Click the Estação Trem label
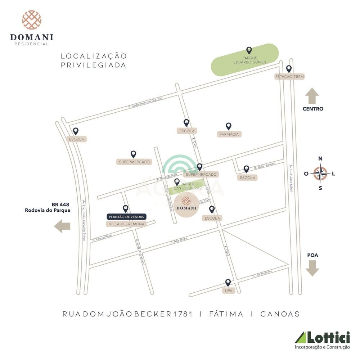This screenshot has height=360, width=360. [x=289, y=77]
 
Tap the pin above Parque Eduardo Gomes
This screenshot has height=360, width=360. [x=249, y=50]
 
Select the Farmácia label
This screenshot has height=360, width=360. [x=229, y=134]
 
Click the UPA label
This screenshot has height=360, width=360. [x=228, y=290]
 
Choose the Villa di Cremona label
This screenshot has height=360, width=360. [x=126, y=224]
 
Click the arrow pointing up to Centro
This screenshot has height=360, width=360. [x=312, y=96]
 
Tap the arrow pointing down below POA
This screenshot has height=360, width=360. [x=312, y=268]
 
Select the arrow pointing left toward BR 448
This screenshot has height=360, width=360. [x=62, y=226]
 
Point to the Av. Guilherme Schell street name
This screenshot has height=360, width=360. [x=291, y=178]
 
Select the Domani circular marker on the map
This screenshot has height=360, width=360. [x=186, y=206]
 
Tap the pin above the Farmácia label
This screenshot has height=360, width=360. [x=229, y=126]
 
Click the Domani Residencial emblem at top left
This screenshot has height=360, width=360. [x=32, y=20]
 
